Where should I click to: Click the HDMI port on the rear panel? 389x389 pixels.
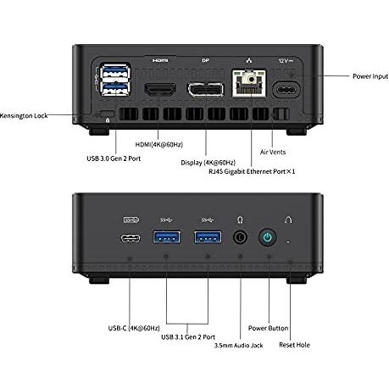pos(160,89)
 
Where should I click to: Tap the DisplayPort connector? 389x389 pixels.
pos(206,90)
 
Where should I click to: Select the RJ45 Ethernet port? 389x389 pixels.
pos(249,83)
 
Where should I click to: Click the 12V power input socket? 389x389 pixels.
pos(286,90)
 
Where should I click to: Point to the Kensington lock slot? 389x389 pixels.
pos(108,114)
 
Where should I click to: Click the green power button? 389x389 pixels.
pos(268,237)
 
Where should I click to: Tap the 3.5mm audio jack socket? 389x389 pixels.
pos(240,237)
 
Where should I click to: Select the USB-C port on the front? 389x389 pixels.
pos(131,239)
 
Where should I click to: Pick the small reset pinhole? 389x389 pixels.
pos(288,242)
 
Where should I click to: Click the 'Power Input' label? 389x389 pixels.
pos(370,76)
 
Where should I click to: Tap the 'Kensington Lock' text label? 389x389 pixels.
pos(24,115)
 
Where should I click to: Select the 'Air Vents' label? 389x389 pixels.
pos(273,152)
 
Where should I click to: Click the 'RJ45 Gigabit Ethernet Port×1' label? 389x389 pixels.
pos(252,171)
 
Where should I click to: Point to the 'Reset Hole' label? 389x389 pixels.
pos(294,345)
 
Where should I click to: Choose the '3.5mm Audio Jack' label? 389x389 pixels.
pos(238,345)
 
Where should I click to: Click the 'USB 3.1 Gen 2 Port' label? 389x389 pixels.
pos(188,336)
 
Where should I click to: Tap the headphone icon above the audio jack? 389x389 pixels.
pos(240,220)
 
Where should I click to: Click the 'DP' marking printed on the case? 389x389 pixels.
pos(205,60)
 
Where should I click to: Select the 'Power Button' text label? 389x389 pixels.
pos(268,328)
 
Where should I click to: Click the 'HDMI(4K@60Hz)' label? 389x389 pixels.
pos(159,145)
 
